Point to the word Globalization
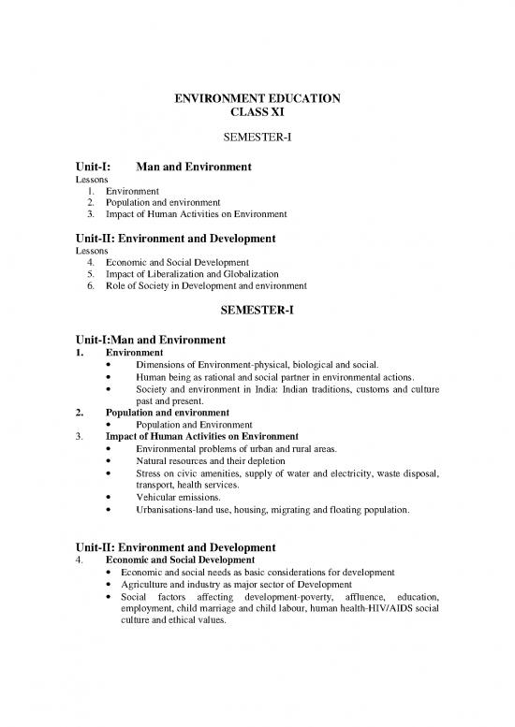pos(250,272)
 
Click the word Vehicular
pos(159,498)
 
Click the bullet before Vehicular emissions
pos(112,499)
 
